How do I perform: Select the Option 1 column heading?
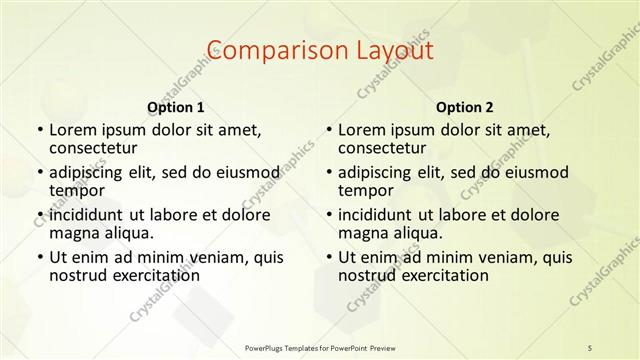coord(175,107)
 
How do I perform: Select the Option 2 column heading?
coord(465,107)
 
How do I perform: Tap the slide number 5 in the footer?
coord(590,347)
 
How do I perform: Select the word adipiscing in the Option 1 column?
coord(93,172)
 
